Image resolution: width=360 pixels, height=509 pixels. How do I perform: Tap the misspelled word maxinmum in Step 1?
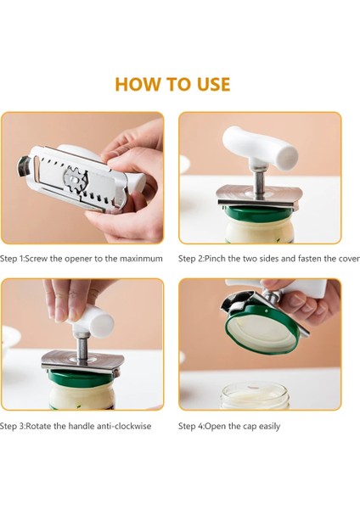click(x=141, y=259)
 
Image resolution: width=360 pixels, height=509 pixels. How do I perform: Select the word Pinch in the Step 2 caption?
click(x=216, y=259)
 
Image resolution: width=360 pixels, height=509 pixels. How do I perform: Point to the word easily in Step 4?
click(x=269, y=426)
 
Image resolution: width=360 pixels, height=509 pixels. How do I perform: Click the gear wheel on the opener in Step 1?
click(x=76, y=179)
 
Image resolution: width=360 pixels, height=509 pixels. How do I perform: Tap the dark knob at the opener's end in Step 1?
click(x=24, y=166)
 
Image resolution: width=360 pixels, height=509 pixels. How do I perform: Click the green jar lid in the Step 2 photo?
click(x=259, y=213)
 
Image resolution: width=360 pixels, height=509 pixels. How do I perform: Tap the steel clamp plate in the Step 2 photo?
click(x=259, y=196)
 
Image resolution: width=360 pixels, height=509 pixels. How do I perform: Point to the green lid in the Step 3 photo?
click(x=81, y=378)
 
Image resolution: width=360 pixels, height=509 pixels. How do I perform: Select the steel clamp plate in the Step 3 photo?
click(x=82, y=363)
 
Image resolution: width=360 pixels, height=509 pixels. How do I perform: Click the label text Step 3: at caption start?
click(x=12, y=426)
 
